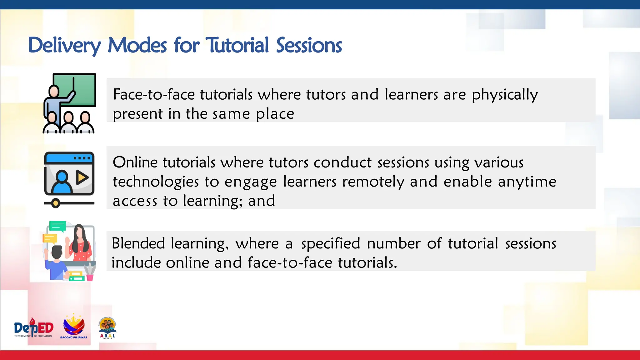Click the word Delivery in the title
click(64, 46)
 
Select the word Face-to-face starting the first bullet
click(154, 95)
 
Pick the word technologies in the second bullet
click(156, 182)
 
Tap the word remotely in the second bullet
click(373, 182)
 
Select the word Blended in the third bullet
click(138, 243)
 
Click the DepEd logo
click(34, 328)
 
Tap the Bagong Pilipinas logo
click(74, 327)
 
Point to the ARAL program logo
click(107, 328)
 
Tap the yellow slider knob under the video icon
click(56, 203)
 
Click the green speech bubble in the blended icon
click(57, 226)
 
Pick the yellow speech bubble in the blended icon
click(50, 239)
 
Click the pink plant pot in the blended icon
click(90, 277)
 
